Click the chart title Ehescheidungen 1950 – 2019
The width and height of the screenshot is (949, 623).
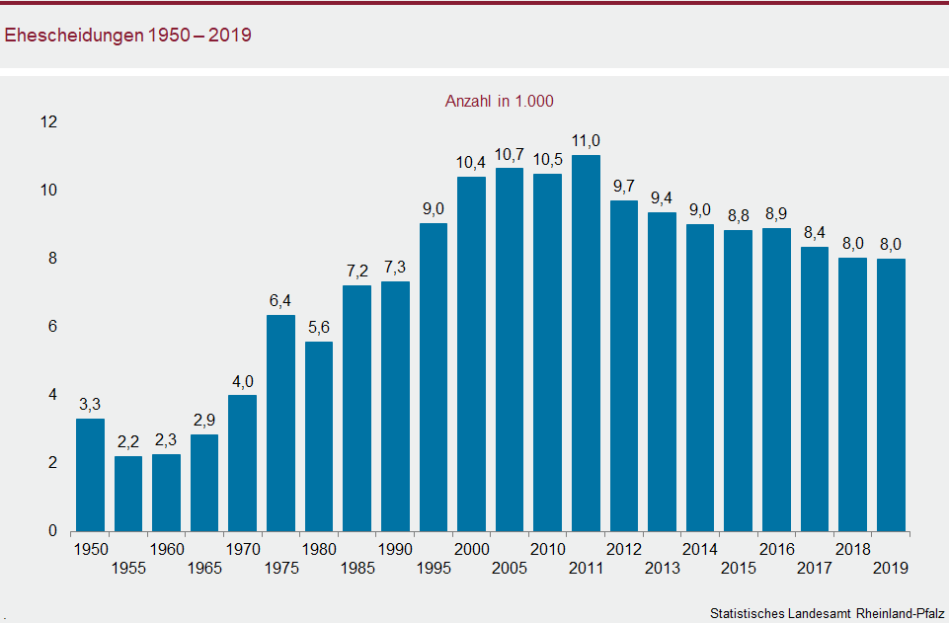click(128, 36)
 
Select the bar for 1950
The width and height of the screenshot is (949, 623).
click(90, 475)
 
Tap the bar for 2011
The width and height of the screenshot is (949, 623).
click(586, 344)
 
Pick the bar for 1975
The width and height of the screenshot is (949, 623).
click(281, 424)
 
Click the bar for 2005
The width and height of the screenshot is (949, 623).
click(510, 350)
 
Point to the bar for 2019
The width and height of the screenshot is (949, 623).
click(891, 395)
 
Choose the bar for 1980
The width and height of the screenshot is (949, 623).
click(319, 436)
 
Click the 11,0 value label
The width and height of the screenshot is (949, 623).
click(586, 141)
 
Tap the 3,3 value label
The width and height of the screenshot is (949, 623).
click(90, 404)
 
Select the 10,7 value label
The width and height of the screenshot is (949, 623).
click(510, 154)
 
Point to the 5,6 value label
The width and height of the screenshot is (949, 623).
click(319, 328)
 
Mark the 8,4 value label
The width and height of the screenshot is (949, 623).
click(815, 233)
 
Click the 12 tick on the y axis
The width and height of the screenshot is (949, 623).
click(48, 122)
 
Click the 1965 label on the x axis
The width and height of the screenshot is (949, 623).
click(204, 568)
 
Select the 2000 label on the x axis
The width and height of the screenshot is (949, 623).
click(471, 549)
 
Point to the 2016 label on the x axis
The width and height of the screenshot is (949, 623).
click(776, 549)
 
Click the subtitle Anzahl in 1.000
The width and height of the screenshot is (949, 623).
click(500, 101)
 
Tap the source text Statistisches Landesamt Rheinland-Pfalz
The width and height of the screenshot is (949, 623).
click(827, 613)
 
